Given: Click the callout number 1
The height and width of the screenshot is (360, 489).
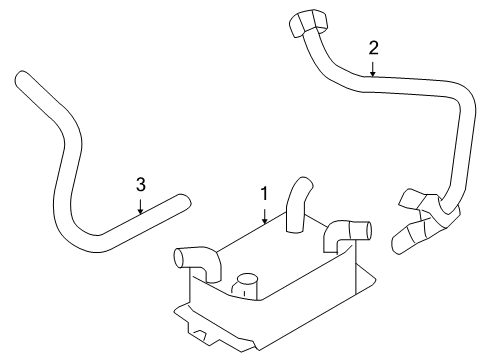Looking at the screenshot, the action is pos(264,194).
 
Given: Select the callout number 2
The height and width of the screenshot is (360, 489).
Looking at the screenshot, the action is pos(374,48).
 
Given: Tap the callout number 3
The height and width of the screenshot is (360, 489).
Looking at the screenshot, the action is pos(141,184).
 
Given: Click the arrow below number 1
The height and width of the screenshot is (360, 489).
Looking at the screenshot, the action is pos(265,216).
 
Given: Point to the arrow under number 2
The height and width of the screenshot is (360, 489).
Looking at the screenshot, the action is pos(373,68).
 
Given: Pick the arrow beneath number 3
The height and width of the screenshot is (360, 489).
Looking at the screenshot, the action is pos(140,206).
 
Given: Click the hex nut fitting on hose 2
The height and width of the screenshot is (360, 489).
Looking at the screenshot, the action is pos(308,23).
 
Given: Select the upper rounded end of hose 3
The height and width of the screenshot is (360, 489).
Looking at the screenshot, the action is pos(22,78).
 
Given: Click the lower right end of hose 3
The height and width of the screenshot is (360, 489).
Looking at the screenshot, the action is pos(184,201).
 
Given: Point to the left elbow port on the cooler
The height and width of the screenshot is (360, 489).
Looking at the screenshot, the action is pos(197,263).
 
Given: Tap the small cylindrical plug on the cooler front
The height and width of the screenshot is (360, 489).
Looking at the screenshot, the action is pos(245,284).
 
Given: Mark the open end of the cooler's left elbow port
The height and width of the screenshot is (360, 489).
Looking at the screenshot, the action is pos(179,258).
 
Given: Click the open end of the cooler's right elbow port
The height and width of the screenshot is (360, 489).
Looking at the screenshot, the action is pos(368,230).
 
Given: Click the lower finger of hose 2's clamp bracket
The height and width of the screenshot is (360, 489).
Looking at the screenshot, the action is pos(408,239).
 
